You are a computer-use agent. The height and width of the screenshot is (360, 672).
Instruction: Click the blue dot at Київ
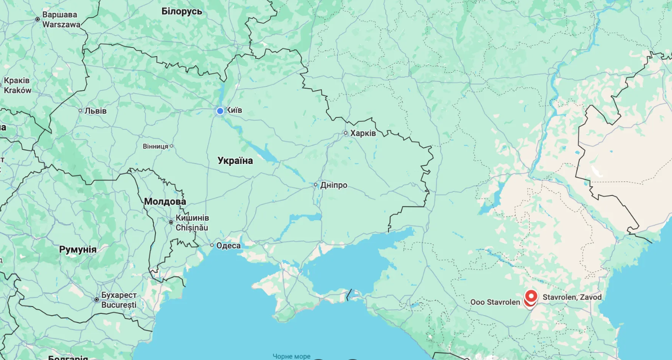tap(220, 111)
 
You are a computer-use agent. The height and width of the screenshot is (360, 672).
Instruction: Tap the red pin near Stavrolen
tap(531, 296)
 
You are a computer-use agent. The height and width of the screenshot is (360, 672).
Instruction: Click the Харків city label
tap(363, 133)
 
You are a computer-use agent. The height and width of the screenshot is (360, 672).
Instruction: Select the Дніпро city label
tap(334, 185)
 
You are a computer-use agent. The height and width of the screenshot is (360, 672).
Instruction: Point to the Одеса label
tap(228, 246)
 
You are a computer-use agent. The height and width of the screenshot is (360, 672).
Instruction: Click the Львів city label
tap(96, 111)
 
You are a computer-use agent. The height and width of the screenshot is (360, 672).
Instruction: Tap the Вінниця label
tap(155, 146)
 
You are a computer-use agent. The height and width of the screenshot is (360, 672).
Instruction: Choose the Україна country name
tap(235, 161)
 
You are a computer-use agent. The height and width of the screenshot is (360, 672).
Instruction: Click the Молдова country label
tap(165, 201)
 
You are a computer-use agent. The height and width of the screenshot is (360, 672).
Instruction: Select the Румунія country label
tap(78, 249)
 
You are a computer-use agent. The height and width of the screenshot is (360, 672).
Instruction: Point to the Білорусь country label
tap(181, 11)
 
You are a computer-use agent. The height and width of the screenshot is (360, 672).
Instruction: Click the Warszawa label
tap(61, 24)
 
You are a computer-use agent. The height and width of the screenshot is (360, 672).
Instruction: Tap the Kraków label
tap(17, 90)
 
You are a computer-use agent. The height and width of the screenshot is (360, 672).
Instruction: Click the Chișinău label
tap(192, 227)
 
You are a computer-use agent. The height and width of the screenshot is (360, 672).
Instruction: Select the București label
tap(119, 304)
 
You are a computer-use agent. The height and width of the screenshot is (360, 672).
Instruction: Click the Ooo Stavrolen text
tap(495, 302)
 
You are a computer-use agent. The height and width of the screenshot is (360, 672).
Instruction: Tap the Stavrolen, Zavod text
tap(572, 297)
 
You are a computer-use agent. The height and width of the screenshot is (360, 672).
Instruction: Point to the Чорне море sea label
tap(291, 356)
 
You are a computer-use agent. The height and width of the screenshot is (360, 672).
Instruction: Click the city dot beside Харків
tap(346, 133)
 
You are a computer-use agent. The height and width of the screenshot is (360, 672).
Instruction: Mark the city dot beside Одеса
tap(212, 245)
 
